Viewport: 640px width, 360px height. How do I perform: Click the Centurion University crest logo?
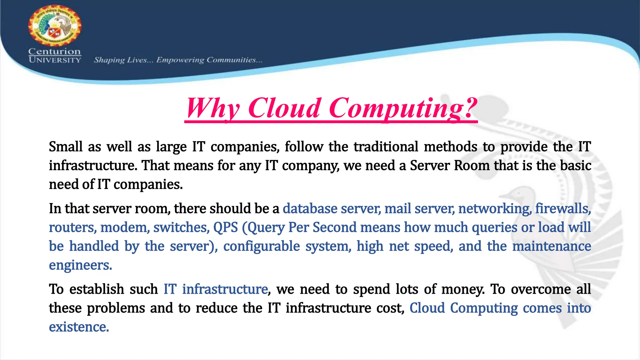click(x=55, y=26)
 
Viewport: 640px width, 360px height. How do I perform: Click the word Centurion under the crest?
click(x=55, y=51)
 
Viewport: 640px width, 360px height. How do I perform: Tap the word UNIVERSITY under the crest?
click(x=55, y=60)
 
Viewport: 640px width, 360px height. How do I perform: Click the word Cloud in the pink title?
click(x=285, y=108)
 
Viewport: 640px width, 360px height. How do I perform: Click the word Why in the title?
click(x=213, y=108)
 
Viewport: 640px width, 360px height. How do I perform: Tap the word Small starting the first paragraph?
click(x=66, y=147)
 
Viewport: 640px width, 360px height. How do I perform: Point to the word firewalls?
click(x=563, y=208)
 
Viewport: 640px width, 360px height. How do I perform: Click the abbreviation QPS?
click(x=225, y=227)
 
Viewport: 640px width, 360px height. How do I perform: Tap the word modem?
click(x=123, y=227)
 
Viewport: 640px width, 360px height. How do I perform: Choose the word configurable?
click(x=262, y=246)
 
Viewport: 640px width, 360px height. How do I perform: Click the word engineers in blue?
click(x=80, y=265)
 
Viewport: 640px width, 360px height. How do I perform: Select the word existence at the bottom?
click(x=79, y=327)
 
